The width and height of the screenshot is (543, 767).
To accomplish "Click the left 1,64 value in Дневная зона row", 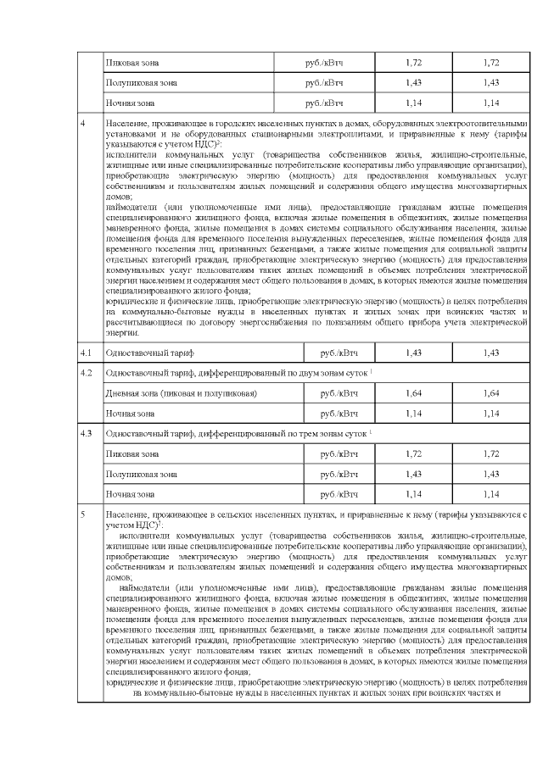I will [414, 393].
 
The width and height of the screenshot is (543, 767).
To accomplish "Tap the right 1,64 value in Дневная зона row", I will [491, 393].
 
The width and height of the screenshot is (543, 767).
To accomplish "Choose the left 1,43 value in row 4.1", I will [414, 351].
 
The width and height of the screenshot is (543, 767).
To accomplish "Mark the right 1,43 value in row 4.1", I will [491, 351].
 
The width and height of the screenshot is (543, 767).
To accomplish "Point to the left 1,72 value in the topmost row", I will [414, 64].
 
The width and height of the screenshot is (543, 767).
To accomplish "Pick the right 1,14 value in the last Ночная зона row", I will [491, 493].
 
